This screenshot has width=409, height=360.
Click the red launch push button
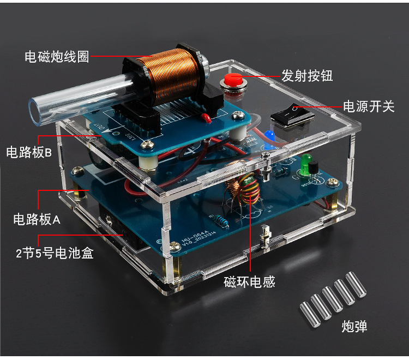pos(233,81)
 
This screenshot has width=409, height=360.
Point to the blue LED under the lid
pos(269,136)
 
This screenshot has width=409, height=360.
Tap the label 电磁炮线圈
pos(57,56)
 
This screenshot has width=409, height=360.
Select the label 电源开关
pos(369,106)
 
